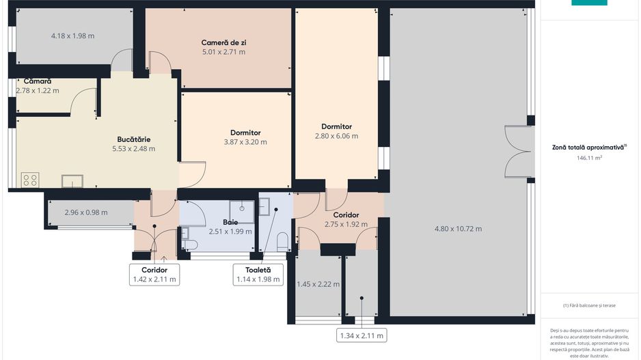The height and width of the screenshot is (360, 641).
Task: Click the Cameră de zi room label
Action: [223, 42]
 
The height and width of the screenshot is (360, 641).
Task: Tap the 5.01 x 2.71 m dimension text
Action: [223, 52]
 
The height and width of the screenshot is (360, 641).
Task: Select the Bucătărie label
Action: [134, 139]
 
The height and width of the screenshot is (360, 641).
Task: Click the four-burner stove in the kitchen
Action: [30, 180]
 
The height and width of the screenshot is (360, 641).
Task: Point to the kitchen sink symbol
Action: [72, 181]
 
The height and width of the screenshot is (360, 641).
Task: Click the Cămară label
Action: [37, 81]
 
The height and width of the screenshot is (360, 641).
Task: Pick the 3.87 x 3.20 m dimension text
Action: [245, 142]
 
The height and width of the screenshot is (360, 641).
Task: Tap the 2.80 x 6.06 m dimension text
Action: [336, 136]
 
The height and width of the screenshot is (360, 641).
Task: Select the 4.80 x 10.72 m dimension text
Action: [458, 229]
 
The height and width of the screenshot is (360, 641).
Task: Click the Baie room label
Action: [230, 222]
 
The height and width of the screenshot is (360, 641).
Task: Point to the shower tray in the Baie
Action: [242, 212]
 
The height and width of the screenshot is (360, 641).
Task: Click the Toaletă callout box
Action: [258, 275]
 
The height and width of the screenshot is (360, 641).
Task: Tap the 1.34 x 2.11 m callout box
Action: [362, 335]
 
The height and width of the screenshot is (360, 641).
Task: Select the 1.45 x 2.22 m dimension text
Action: [318, 284]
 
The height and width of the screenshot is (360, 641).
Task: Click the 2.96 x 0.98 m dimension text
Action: [86, 212]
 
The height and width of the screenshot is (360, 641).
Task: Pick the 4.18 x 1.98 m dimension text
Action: [72, 36]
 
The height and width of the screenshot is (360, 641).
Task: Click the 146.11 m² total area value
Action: [589, 158]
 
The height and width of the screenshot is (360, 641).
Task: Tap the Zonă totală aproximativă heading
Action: [589, 148]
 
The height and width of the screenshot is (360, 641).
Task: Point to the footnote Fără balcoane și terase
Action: [589, 305]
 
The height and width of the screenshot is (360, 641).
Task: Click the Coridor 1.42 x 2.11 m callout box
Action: [154, 275]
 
